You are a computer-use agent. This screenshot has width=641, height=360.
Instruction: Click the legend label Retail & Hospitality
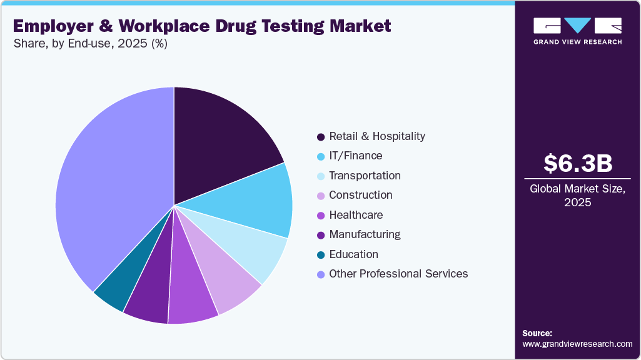tap(376, 136)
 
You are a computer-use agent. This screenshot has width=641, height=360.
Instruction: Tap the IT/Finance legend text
tap(355, 156)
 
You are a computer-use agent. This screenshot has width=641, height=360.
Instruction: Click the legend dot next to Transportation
tap(321, 176)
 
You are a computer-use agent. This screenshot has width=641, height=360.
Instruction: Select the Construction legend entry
tap(360, 195)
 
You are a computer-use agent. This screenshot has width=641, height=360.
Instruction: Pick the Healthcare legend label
tap(355, 215)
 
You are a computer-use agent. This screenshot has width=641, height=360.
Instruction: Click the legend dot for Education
tap(321, 255)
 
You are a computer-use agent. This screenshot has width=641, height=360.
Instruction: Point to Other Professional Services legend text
tap(398, 274)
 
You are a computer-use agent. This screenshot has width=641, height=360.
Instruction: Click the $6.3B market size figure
tap(577, 164)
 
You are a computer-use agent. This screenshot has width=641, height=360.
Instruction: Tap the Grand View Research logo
tap(577, 31)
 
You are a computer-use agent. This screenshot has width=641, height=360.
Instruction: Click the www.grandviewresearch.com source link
tap(577, 344)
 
